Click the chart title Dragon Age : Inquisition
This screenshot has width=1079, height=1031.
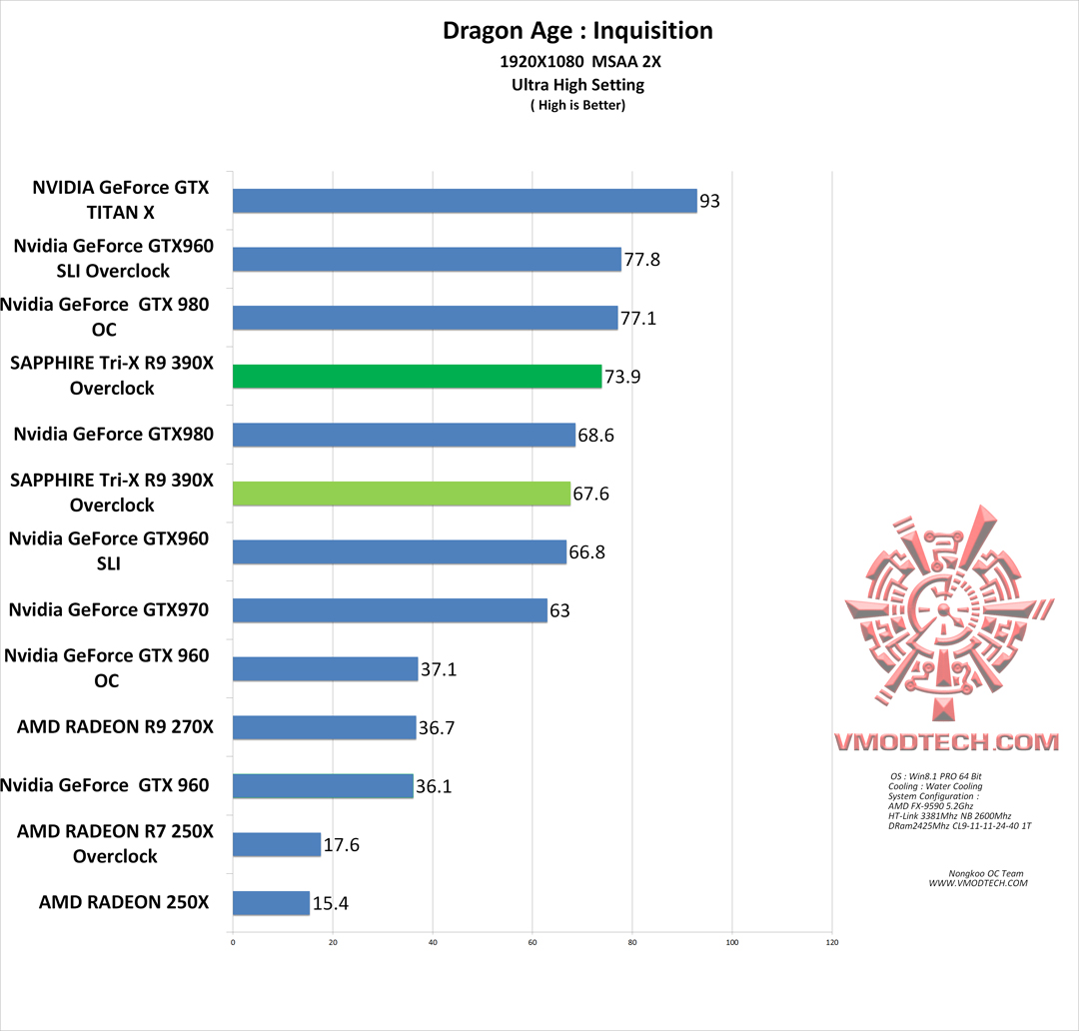(x=577, y=31)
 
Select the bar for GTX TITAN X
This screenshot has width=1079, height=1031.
(x=465, y=201)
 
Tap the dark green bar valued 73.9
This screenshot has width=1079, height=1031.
(x=417, y=376)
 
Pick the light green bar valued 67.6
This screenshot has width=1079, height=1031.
(x=401, y=494)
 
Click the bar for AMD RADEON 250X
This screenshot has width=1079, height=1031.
(x=271, y=903)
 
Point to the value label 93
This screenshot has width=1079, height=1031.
(x=709, y=202)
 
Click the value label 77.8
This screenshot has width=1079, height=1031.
(x=641, y=260)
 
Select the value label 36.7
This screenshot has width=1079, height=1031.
(x=438, y=728)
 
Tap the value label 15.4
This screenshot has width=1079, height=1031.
(x=331, y=904)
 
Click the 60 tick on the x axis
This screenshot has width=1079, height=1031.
(x=533, y=942)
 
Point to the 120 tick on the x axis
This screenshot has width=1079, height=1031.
(x=832, y=942)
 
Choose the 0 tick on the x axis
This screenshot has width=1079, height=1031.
(x=233, y=942)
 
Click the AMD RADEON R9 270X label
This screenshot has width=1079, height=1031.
(x=115, y=727)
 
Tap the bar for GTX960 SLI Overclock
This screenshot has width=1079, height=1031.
(x=427, y=260)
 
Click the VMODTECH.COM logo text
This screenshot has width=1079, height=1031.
(x=945, y=742)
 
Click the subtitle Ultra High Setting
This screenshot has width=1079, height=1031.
(x=577, y=85)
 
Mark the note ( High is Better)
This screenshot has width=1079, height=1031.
(x=577, y=105)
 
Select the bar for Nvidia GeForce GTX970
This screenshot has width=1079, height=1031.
(x=390, y=609)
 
